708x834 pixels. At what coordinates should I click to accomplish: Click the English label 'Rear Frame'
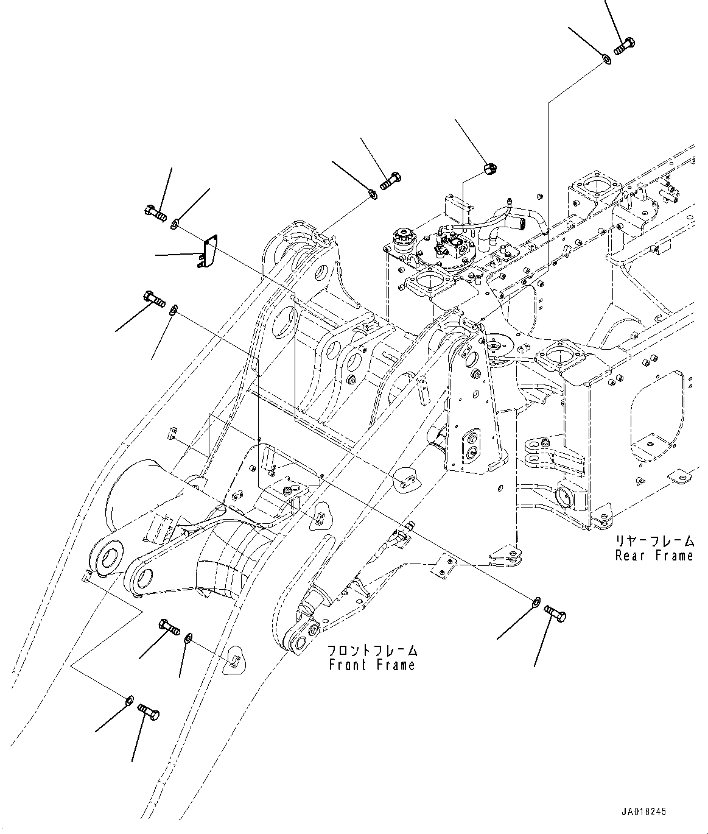point(654,556)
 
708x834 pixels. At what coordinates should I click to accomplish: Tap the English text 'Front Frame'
point(372,665)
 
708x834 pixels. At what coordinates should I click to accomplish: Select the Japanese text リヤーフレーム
point(654,541)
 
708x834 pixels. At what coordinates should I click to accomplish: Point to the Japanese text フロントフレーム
point(372,650)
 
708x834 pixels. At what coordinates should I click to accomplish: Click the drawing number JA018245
point(644,811)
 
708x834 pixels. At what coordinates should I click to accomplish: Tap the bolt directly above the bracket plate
point(156,213)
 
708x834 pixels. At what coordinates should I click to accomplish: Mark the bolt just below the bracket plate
point(155,299)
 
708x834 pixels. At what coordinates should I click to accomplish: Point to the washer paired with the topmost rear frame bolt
point(606,59)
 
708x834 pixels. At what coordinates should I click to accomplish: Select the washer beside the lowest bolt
point(129,700)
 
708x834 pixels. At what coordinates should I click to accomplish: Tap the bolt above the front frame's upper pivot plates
point(390,180)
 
